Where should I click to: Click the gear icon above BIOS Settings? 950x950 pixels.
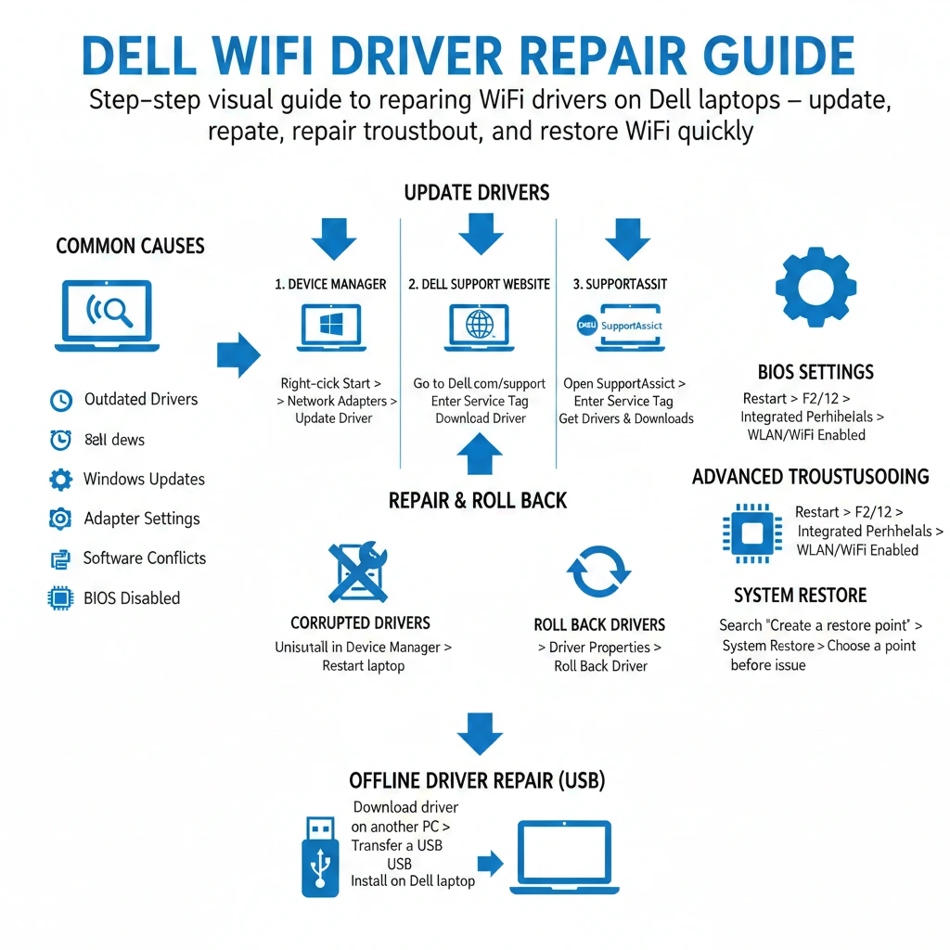815,288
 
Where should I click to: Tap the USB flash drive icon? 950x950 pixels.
320,855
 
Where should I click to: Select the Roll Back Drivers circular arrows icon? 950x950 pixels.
599,571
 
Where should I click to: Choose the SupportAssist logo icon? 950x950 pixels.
620,327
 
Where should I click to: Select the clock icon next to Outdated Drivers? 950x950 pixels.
60,401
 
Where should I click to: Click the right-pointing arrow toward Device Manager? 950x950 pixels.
238,354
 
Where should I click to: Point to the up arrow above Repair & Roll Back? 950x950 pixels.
480,455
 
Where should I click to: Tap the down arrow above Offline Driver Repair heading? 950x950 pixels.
480,733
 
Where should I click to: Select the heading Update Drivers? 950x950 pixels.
477,193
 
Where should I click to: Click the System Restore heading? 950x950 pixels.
800,596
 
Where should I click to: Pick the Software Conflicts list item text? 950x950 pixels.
145,558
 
